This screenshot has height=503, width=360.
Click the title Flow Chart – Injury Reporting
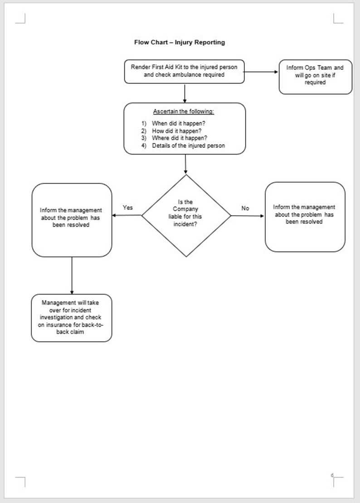tap(179, 43)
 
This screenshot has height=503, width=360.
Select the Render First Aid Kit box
tap(184, 71)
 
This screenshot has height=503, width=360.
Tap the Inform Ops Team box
tap(315, 77)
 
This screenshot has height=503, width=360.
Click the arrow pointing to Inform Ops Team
tap(261, 72)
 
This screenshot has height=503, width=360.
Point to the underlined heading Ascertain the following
tap(184, 111)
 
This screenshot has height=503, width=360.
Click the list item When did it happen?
tap(180, 123)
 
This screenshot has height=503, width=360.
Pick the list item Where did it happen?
tap(180, 138)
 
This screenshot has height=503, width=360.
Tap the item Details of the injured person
tap(188, 145)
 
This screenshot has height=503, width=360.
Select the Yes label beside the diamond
tap(128, 208)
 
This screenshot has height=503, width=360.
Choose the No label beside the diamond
tap(245, 208)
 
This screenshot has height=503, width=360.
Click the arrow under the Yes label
tap(127, 215)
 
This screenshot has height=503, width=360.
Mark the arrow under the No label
tap(248, 216)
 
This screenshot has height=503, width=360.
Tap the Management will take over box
tap(72, 318)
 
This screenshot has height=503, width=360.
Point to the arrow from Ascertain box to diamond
tap(185, 164)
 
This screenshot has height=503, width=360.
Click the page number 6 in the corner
tap(332, 475)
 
